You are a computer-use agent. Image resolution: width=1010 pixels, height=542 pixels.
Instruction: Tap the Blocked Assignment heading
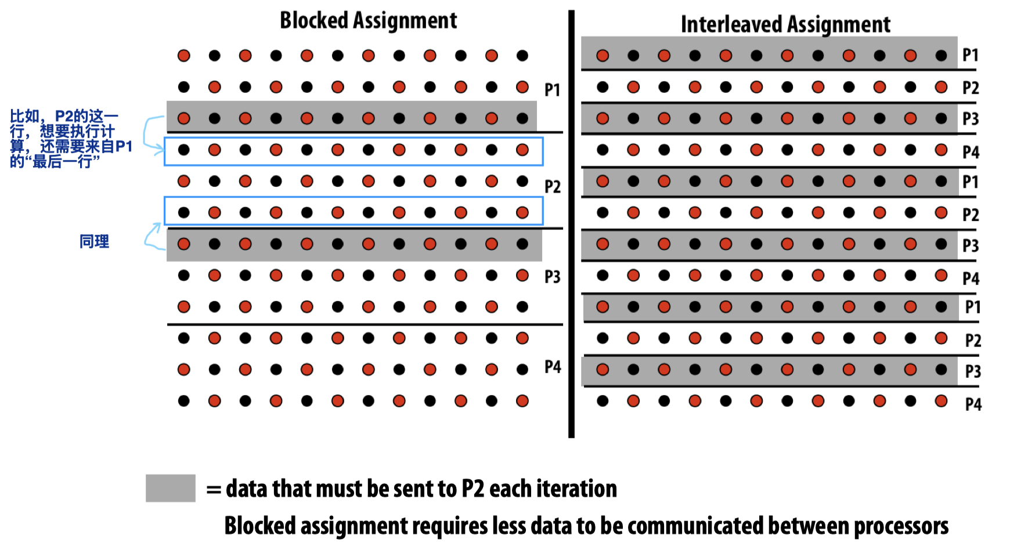coord(368,20)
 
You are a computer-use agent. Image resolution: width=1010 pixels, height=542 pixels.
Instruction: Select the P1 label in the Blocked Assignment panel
coord(552,90)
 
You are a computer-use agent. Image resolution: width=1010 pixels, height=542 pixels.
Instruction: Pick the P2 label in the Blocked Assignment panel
coord(552,187)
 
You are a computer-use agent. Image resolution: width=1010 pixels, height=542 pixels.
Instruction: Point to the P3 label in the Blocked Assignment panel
coord(552,277)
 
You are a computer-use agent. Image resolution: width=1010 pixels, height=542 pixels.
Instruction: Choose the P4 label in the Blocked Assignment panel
coord(552,367)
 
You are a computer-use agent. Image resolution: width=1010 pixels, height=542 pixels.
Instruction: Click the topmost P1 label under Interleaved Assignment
coord(970,55)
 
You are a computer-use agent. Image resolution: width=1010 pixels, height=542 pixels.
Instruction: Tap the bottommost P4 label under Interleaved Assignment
coord(973,404)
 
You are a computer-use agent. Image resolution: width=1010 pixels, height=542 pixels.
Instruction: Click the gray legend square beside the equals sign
coord(170,488)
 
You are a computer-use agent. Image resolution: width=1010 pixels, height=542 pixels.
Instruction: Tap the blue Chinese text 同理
coord(94,241)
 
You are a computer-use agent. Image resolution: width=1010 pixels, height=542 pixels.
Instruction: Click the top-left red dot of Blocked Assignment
coord(184,56)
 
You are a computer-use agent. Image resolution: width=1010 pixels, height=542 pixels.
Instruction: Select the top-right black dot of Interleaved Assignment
coord(941,56)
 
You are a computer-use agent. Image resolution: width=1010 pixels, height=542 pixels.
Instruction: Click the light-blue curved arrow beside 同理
coord(153,237)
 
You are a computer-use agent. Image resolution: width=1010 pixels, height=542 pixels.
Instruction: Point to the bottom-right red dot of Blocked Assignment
coord(522,400)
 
